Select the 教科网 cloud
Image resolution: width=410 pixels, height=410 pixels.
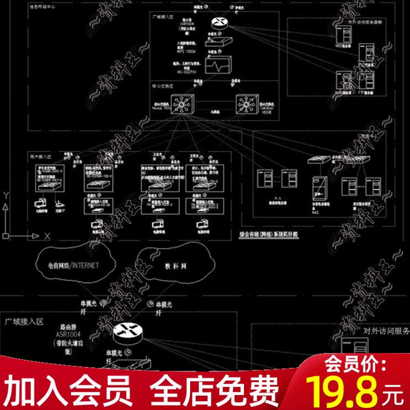(175, 266)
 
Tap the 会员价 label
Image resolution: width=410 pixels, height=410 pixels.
(352, 364)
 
